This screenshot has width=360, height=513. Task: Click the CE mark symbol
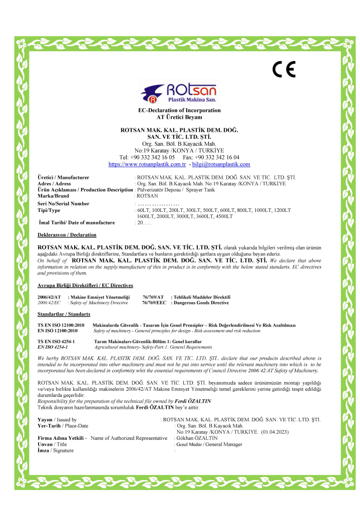284,69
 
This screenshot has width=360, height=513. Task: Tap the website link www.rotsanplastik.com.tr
147,164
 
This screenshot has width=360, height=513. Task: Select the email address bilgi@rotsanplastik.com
221,164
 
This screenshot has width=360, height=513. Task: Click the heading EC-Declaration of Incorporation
179,110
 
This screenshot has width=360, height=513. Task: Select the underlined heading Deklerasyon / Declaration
67,234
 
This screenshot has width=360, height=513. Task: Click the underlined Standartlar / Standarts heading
64,314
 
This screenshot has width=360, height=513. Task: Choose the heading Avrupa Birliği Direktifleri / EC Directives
85,286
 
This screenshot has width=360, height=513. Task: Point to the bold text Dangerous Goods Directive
200,303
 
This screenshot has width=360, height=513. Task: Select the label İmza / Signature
56,450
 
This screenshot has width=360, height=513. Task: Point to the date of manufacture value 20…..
144,222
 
